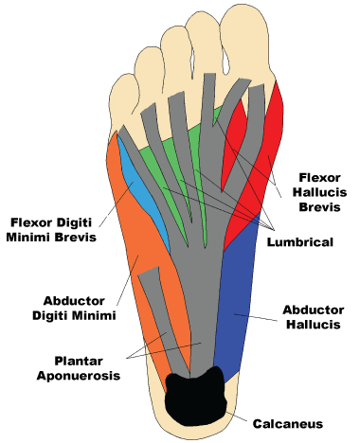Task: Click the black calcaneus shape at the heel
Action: pyautogui.click(x=197, y=400)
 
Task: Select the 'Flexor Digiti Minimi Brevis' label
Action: pyautogui.click(x=53, y=230)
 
